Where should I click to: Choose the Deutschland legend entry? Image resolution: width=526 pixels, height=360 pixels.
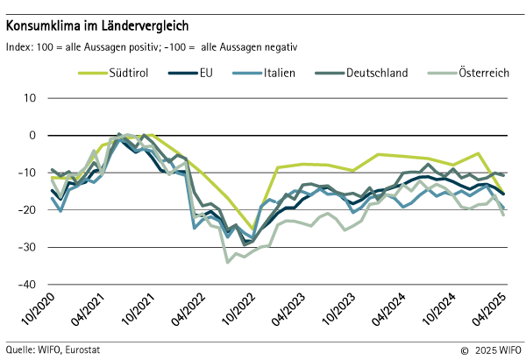click(x=377, y=74)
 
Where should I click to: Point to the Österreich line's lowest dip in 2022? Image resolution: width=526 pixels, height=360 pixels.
click(x=228, y=261)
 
